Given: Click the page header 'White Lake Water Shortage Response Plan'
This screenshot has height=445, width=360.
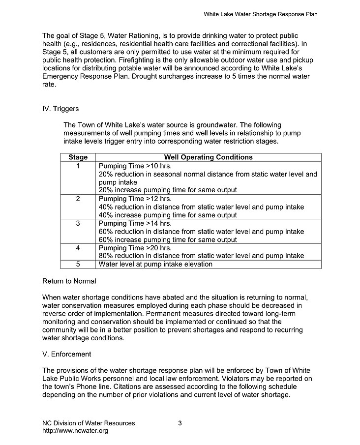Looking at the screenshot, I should (260, 14).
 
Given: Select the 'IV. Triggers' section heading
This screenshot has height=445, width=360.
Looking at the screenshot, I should (60, 109).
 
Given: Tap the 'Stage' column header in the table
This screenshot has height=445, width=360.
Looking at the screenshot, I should (78, 157).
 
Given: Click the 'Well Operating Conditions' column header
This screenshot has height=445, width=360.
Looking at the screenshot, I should (208, 157).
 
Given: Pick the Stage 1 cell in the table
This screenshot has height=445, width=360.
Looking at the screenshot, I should (78, 166).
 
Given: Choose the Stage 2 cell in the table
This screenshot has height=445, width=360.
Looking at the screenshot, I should (78, 199).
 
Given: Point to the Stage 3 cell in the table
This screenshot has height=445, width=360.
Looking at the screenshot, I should (78, 223).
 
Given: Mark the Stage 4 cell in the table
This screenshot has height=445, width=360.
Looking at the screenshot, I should (78, 248).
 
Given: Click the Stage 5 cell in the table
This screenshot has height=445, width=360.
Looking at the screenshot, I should (78, 264).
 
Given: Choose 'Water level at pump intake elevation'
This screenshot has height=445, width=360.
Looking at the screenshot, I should (155, 264).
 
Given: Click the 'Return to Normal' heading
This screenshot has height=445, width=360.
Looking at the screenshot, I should (69, 281).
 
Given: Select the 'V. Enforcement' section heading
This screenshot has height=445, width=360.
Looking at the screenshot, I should (66, 354).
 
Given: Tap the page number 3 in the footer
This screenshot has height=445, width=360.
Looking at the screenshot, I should (180, 423).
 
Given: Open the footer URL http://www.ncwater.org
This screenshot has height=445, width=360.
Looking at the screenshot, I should (75, 431).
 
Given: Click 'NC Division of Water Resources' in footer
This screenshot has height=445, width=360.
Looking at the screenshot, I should (89, 423).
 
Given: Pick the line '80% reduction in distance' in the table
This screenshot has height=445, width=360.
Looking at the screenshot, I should (201, 256).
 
